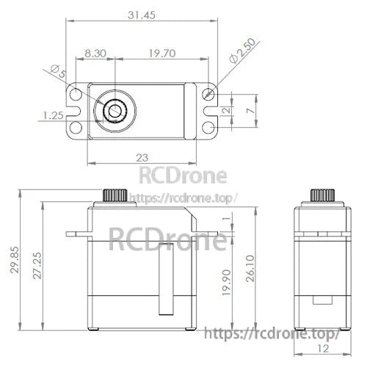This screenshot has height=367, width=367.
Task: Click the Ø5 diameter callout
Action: coord(57,71)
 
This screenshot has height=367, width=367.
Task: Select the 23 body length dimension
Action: coord(142,157)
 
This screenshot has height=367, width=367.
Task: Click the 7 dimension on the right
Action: coord(251,109)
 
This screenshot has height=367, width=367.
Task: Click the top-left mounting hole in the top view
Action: coord(74,95)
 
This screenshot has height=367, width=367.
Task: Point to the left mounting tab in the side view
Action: coord(76,235)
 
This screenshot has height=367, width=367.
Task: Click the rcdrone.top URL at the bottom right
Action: coord(270,334)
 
